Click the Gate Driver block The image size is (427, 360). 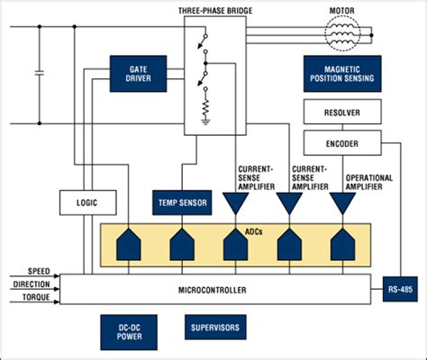[x=138, y=74]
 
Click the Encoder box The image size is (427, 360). [x=342, y=143]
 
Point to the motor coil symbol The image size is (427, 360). [x=343, y=39]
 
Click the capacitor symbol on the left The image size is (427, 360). [x=39, y=71]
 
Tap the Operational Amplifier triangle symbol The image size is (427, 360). [x=341, y=205]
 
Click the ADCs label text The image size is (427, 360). [x=234, y=229]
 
